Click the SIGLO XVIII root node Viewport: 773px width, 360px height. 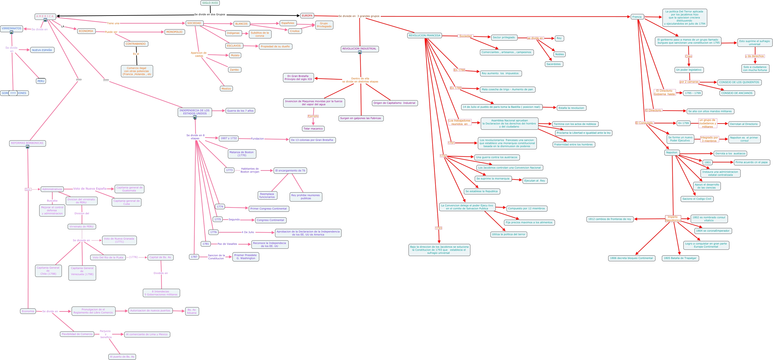[x=210, y=3]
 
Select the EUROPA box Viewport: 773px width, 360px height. [x=307, y=16]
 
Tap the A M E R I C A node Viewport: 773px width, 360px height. [x=45, y=16]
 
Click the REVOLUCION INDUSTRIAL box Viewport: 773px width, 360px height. [x=359, y=49]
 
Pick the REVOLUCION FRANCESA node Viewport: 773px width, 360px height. [x=424, y=35]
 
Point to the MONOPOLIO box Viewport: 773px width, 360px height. [x=174, y=32]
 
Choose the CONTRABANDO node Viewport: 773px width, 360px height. [x=136, y=44]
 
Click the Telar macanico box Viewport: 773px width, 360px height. [x=313, y=129]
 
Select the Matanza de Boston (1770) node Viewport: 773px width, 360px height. [x=242, y=154]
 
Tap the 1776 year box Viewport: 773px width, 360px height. [x=213, y=232]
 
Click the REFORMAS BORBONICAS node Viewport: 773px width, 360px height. [x=27, y=143]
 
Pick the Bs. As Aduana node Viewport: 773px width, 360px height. [x=192, y=311]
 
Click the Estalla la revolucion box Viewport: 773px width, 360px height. [x=571, y=108]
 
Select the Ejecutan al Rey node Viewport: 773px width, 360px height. [x=534, y=181]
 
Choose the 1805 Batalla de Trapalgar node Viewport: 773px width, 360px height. [x=680, y=258]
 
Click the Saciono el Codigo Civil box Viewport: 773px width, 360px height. [x=697, y=199]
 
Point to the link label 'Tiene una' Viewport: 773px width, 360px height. [x=113, y=23]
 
